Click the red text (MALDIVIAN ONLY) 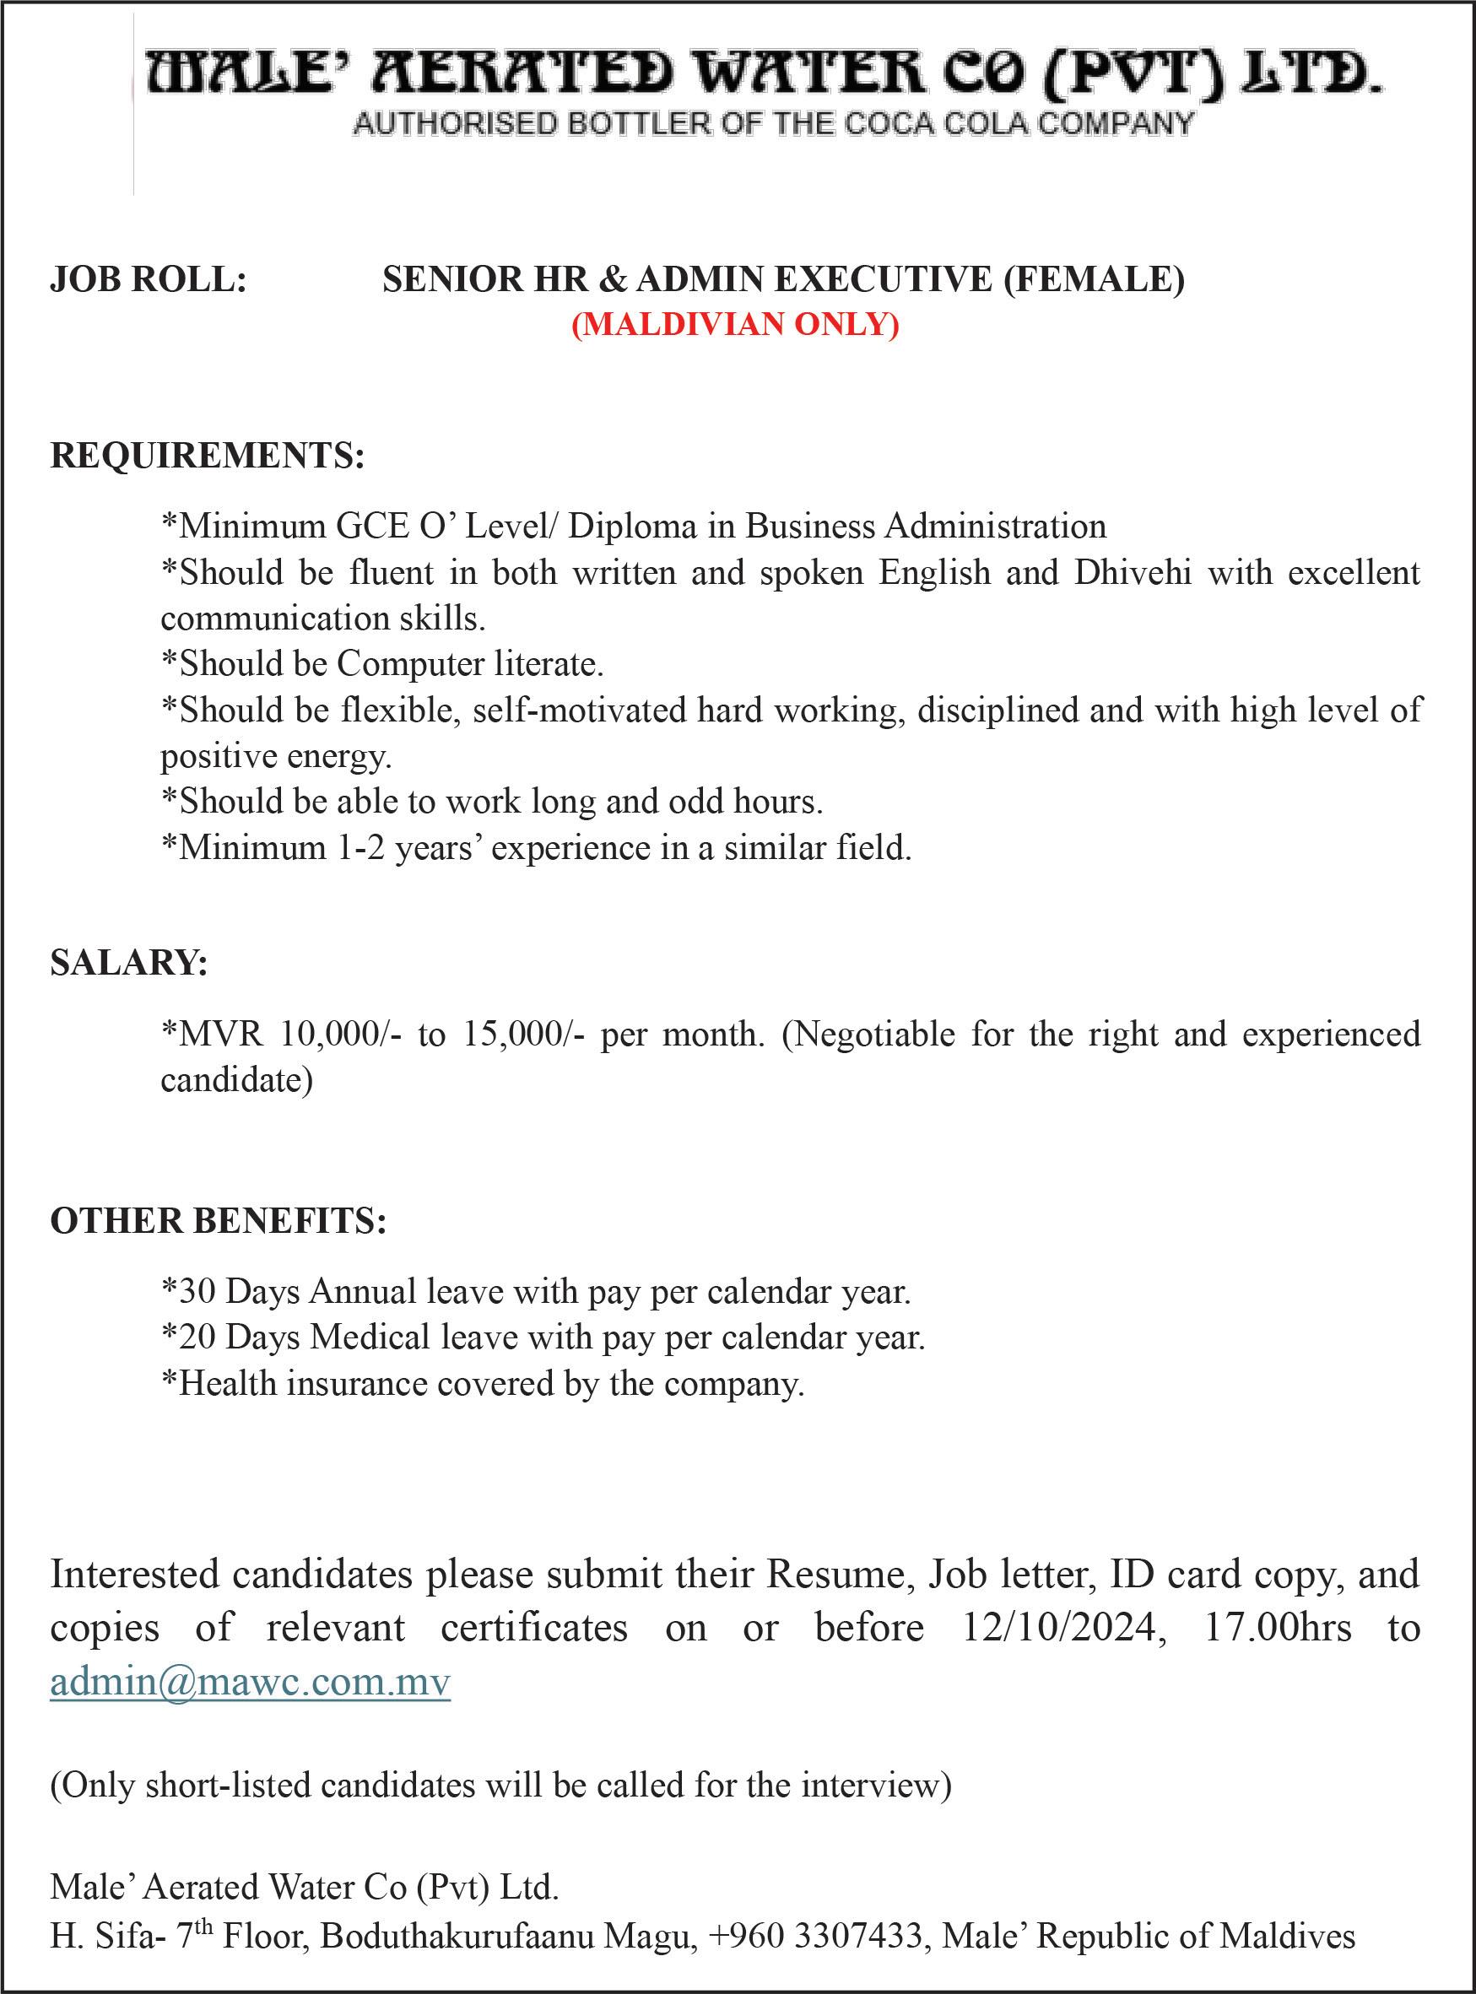(735, 323)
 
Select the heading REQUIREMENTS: (208, 455)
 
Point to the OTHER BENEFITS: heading (218, 1220)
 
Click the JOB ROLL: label (149, 279)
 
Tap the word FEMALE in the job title (1093, 279)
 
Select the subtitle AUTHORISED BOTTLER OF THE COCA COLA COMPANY (773, 123)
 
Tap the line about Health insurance (484, 1384)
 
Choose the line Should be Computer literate (382, 664)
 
